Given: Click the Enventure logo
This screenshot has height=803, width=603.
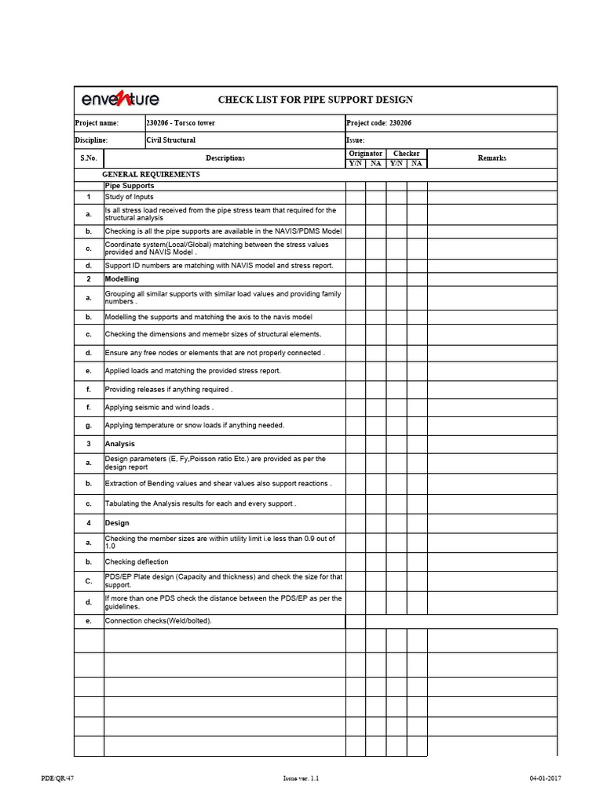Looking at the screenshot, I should tap(120, 100).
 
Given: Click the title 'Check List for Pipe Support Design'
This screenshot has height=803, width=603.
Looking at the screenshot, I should tap(315, 100).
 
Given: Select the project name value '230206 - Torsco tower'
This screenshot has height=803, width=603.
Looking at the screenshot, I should tap(181, 123).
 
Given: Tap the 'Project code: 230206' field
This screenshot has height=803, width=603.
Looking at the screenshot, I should tap(378, 123).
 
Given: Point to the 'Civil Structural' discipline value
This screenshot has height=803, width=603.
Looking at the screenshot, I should tap(171, 140).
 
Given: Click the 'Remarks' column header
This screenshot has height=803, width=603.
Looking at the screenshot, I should tap(492, 158).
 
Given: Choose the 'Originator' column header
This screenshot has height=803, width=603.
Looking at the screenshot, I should tap(366, 154).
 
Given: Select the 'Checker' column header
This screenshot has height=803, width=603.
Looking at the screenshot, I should tap(407, 154).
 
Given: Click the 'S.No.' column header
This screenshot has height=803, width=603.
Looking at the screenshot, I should tap(88, 158).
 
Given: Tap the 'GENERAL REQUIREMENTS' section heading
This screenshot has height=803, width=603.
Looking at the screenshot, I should tap(152, 174).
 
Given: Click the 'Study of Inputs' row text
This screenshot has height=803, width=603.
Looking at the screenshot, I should tap(130, 197).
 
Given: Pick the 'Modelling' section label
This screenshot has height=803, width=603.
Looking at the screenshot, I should tap(122, 279).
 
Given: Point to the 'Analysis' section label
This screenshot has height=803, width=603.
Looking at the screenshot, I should tap(120, 444).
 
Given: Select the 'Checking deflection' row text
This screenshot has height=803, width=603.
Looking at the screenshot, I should tap(137, 562).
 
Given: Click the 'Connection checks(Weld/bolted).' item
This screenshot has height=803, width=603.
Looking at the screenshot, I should tap(159, 621).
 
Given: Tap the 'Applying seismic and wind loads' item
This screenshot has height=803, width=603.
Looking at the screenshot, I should tap(159, 408).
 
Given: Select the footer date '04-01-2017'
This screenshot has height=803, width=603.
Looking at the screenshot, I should tap(546, 779).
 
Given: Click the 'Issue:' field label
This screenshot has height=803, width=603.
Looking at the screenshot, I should tap(355, 140).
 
